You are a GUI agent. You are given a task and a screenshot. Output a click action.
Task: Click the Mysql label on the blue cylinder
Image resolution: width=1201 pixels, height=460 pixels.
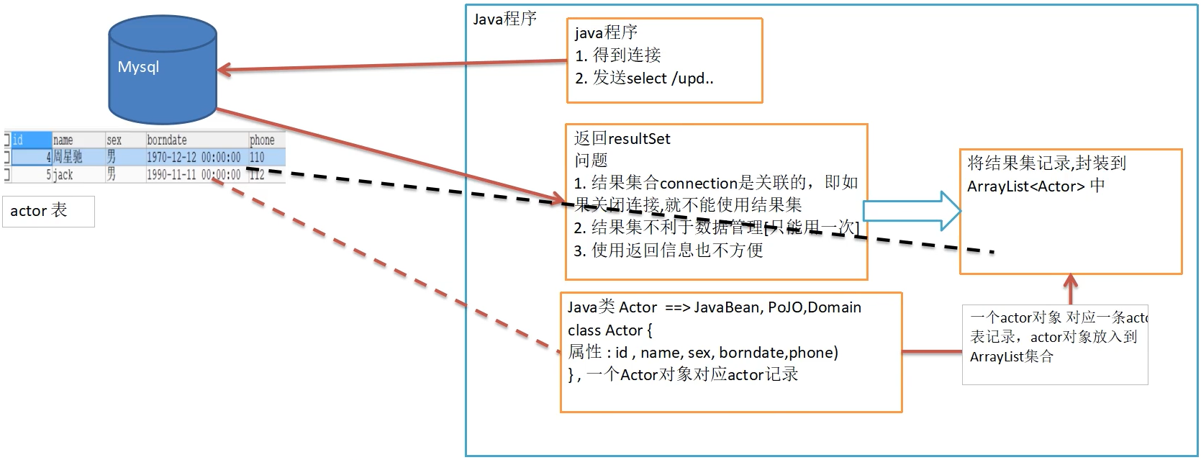138,67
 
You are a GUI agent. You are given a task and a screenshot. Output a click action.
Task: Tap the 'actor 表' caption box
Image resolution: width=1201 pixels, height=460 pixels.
48,211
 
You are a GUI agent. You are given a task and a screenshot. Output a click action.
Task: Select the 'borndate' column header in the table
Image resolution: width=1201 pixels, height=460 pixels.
167,140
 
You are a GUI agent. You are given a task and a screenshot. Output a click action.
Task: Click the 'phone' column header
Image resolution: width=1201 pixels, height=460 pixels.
262,140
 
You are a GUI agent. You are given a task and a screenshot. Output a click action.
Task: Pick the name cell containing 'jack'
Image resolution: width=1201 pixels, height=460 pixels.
64,174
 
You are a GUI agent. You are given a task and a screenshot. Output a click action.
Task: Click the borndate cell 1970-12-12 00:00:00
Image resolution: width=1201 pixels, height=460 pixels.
194,157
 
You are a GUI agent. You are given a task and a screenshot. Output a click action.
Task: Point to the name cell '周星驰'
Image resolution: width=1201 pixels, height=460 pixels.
68,157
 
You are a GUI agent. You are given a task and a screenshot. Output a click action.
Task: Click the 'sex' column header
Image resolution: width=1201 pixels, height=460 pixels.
114,140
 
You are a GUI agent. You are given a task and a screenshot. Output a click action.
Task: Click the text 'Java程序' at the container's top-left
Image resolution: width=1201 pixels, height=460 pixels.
504,19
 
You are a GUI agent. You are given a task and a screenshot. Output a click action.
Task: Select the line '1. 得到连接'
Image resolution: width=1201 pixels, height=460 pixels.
617,55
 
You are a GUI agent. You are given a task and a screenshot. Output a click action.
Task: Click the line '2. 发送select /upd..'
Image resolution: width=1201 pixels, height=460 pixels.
644,78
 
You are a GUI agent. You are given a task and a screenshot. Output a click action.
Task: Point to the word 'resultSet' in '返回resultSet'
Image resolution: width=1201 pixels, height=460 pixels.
640,138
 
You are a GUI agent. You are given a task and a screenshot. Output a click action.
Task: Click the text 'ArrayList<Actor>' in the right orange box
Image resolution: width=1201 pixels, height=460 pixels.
1025,186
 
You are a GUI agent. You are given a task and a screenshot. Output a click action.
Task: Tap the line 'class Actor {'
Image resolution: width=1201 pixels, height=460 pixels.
609,330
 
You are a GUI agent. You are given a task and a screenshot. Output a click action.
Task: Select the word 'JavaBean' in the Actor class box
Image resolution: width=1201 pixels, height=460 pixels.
727,307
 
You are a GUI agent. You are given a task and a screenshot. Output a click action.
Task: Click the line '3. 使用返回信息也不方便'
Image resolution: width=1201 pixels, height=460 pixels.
668,250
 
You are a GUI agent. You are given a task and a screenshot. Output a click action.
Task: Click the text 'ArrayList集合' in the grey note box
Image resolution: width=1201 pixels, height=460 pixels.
1011,356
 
